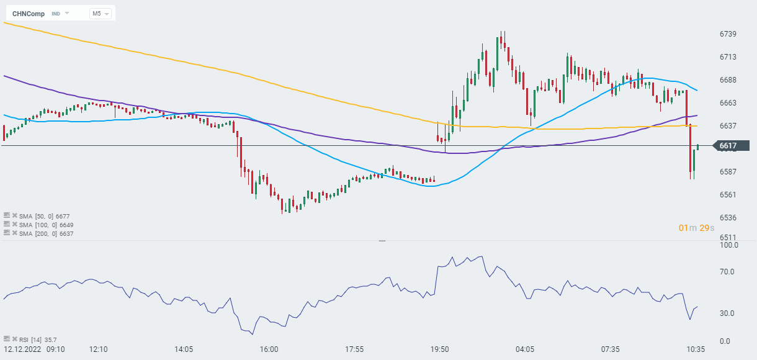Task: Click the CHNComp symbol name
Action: pos(28,13)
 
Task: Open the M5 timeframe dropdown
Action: pos(100,13)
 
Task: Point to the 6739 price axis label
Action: pos(727,34)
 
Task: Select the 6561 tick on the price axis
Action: pos(727,194)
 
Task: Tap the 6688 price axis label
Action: pos(727,79)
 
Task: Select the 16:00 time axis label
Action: pos(269,349)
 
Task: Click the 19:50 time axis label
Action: pos(439,349)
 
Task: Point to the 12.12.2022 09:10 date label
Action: pos(34,349)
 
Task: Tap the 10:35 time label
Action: pos(694,349)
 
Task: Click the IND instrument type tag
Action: pos(56,13)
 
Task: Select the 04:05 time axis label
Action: pos(525,349)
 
